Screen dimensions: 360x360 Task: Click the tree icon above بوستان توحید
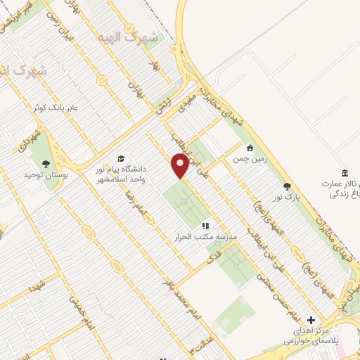(46, 163)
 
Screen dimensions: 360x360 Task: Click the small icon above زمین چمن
(250, 148)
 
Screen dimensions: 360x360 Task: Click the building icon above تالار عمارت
(344, 174)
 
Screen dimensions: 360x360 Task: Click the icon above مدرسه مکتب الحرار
(206, 226)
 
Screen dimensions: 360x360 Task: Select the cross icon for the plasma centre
(311, 320)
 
